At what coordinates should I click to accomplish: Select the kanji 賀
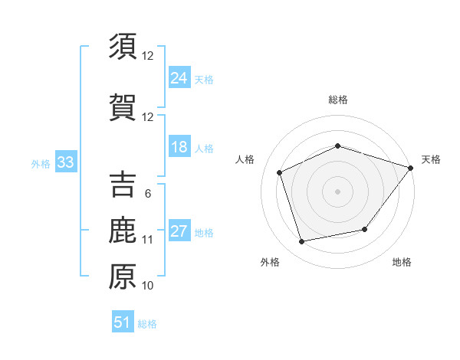point(123,107)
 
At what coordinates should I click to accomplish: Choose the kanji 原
point(123,277)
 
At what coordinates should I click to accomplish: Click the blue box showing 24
point(179,78)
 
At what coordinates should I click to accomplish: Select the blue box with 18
point(179,147)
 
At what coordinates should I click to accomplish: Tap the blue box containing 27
point(179,231)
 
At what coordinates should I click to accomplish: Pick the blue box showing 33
point(64,162)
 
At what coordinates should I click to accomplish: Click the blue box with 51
point(123,322)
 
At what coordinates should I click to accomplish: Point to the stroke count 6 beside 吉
point(147,194)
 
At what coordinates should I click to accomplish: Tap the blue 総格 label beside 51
point(147,324)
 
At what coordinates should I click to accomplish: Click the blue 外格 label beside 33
point(41,163)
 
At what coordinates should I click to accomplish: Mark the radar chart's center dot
point(337,191)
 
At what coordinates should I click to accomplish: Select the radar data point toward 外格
point(302,242)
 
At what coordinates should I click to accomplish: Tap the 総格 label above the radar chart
point(337,100)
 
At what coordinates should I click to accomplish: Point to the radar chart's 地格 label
point(402,262)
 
